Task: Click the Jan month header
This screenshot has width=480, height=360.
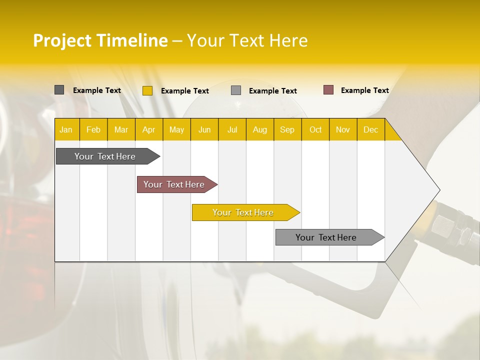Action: tap(66, 129)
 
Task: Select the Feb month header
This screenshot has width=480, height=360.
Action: tap(93, 129)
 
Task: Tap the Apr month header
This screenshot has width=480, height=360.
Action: tap(148, 129)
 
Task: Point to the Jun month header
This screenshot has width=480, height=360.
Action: tap(204, 129)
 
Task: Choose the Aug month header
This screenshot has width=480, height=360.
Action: tap(259, 129)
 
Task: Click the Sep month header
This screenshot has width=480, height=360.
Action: tap(287, 129)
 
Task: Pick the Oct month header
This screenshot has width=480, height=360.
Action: tap(315, 129)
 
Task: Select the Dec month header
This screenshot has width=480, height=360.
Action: tap(370, 129)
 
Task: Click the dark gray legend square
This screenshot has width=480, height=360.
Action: tap(59, 90)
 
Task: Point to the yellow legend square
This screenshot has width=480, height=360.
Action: tap(147, 90)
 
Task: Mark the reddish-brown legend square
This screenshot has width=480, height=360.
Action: tap(328, 90)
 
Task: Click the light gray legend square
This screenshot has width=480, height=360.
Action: tap(236, 90)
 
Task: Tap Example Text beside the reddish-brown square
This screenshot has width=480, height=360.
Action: tap(364, 90)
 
